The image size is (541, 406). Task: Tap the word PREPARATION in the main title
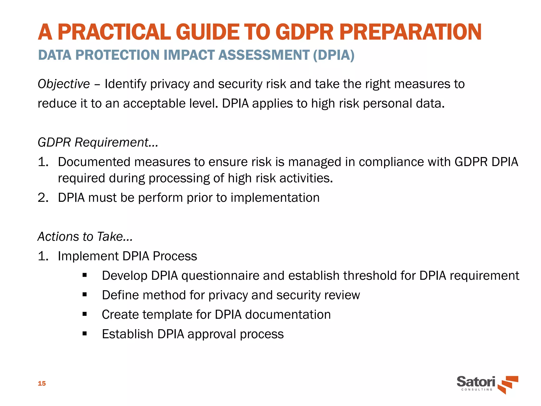(x=410, y=32)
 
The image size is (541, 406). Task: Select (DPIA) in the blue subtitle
(x=334, y=55)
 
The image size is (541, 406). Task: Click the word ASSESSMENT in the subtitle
(x=264, y=55)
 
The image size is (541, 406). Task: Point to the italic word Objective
(x=64, y=84)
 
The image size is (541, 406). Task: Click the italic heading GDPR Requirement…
(x=98, y=142)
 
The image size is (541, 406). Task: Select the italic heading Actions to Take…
(x=85, y=237)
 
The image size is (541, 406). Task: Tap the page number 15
(x=42, y=384)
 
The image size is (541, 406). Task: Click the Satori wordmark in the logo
(x=476, y=382)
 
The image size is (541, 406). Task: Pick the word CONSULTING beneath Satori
(x=477, y=390)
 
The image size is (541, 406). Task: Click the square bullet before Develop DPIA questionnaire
(x=85, y=275)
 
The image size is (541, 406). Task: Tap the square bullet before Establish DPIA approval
(x=85, y=334)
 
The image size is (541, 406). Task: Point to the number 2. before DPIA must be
(x=43, y=198)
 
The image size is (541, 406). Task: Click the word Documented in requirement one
(x=94, y=162)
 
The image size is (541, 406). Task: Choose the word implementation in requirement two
(x=275, y=198)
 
